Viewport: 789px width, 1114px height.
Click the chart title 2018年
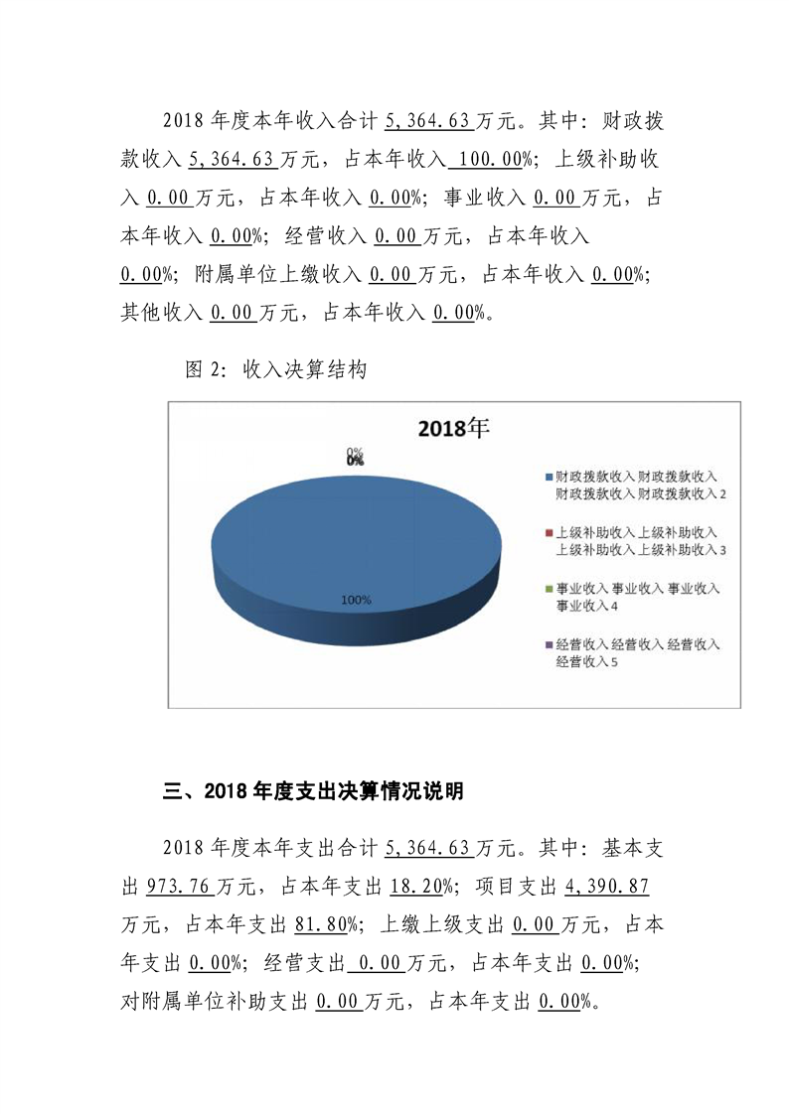[453, 429]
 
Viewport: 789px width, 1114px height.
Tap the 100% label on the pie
[357, 601]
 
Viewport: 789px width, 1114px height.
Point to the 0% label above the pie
[355, 459]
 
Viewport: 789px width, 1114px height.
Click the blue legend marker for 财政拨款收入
[550, 478]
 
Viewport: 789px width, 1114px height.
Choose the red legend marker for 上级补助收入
[550, 533]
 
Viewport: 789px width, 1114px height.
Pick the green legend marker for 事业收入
[550, 589]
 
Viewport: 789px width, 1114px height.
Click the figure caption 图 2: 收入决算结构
[276, 370]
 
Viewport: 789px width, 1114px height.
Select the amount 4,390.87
[605, 886]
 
